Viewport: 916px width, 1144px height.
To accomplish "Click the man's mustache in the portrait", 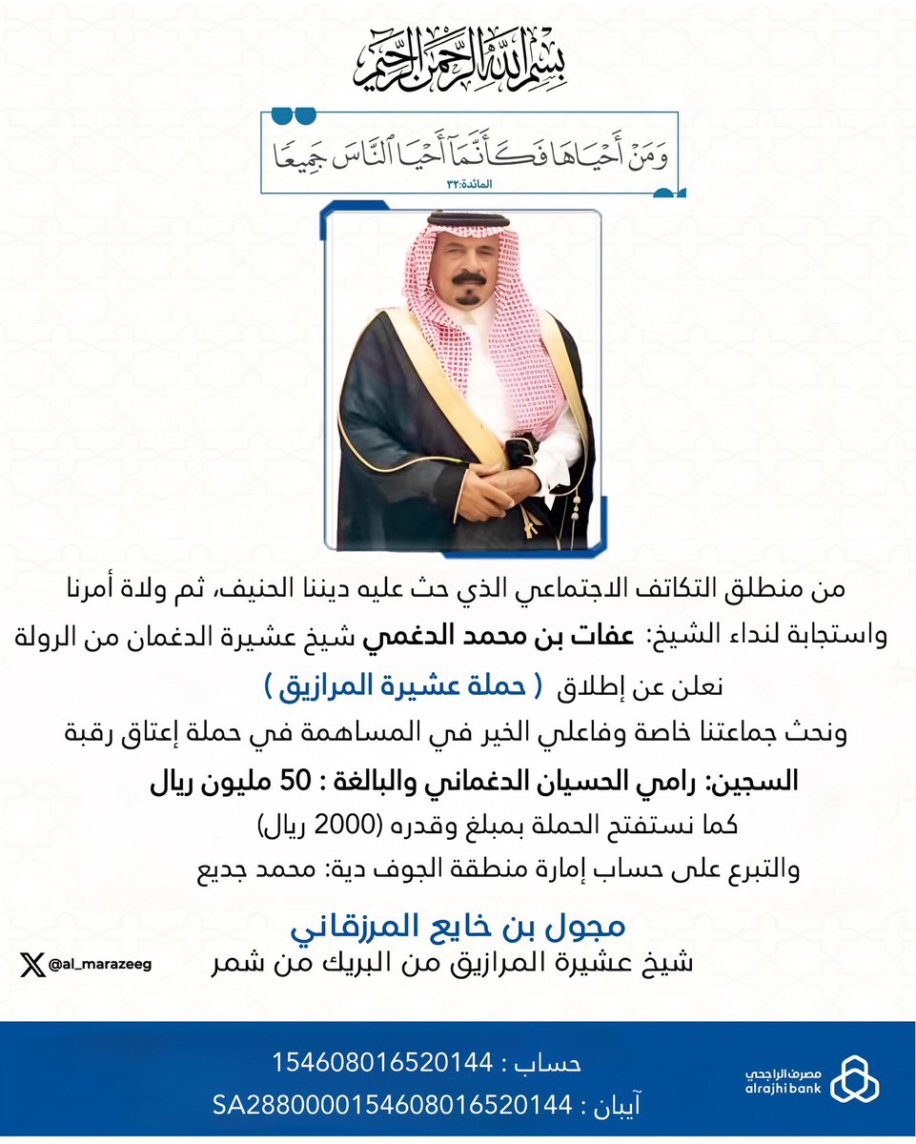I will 468,278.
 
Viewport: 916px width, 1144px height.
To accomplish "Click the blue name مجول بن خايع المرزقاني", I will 459,926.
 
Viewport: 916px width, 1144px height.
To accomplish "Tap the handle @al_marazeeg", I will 99,965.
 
